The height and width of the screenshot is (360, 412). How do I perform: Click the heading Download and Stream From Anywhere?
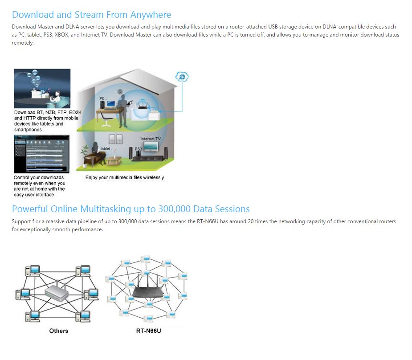click(x=91, y=15)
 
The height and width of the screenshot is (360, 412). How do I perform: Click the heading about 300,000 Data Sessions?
click(x=131, y=209)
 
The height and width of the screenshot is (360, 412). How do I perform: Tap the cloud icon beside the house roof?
click(x=182, y=77)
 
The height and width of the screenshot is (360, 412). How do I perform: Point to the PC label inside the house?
click(x=102, y=98)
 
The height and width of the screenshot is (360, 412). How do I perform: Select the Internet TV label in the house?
click(x=151, y=139)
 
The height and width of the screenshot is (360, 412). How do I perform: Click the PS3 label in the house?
click(x=139, y=149)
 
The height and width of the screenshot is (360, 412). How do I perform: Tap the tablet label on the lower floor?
click(x=106, y=149)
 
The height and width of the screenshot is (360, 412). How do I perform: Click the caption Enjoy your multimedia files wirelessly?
click(x=125, y=177)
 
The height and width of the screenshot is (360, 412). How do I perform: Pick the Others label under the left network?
click(x=59, y=331)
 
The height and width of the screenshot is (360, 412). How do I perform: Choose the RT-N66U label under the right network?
click(x=148, y=331)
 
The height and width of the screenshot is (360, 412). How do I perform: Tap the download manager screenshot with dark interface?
click(x=42, y=154)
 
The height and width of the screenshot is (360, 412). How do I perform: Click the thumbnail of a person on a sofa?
click(x=42, y=88)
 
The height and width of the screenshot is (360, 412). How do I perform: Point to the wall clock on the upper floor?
click(x=119, y=91)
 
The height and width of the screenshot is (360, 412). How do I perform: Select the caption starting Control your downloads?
click(x=40, y=186)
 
